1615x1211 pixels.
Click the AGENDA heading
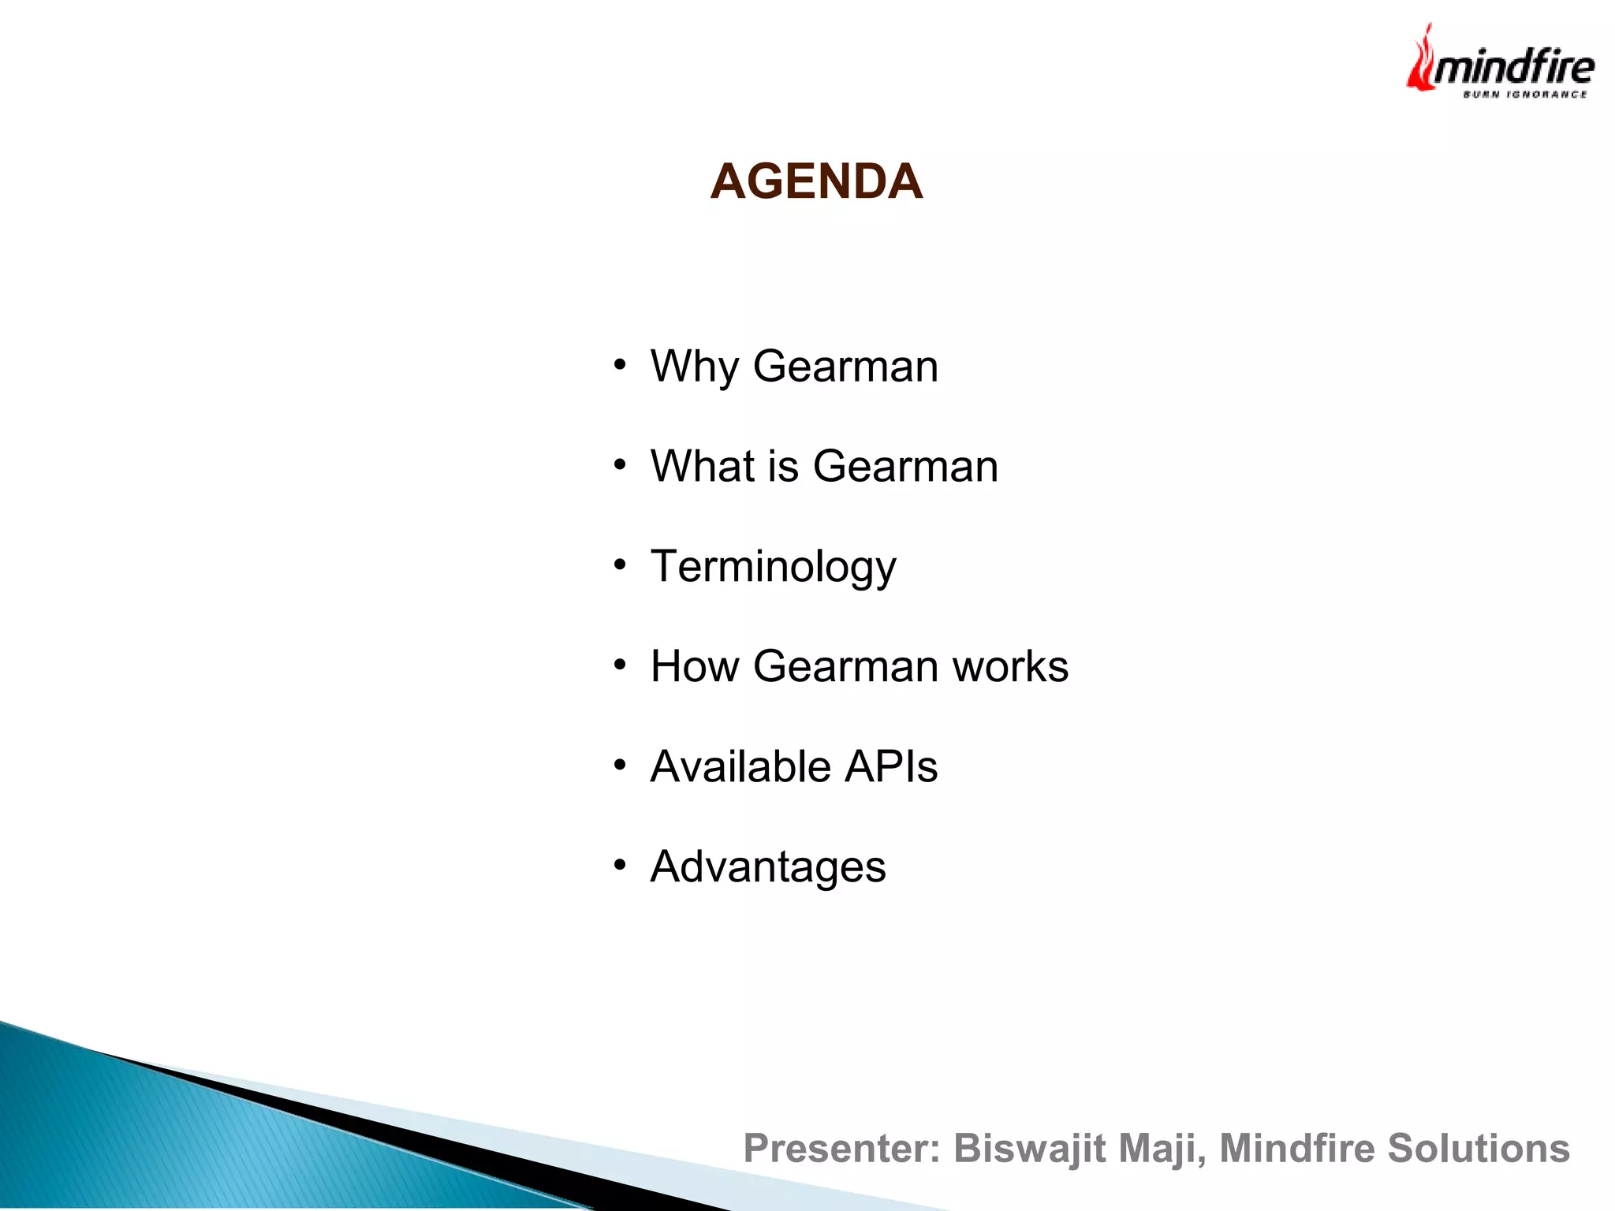pyautogui.click(x=816, y=181)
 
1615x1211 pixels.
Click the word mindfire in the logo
pyautogui.click(x=1514, y=67)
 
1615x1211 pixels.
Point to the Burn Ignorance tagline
pyautogui.click(x=1524, y=95)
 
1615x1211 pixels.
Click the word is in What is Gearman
pyautogui.click(x=783, y=466)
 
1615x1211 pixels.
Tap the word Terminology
pyautogui.click(x=774, y=567)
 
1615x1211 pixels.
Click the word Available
pyautogui.click(x=740, y=766)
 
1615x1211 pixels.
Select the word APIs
pyautogui.click(x=891, y=766)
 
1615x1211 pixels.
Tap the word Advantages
pyautogui.click(x=768, y=867)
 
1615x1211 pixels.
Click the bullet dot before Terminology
pyautogui.click(x=621, y=565)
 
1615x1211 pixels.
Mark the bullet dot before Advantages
pyautogui.click(x=621, y=866)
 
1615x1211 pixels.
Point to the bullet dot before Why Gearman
pyautogui.click(x=621, y=365)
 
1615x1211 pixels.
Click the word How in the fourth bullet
pyautogui.click(x=695, y=666)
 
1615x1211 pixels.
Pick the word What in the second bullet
pyautogui.click(x=703, y=466)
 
